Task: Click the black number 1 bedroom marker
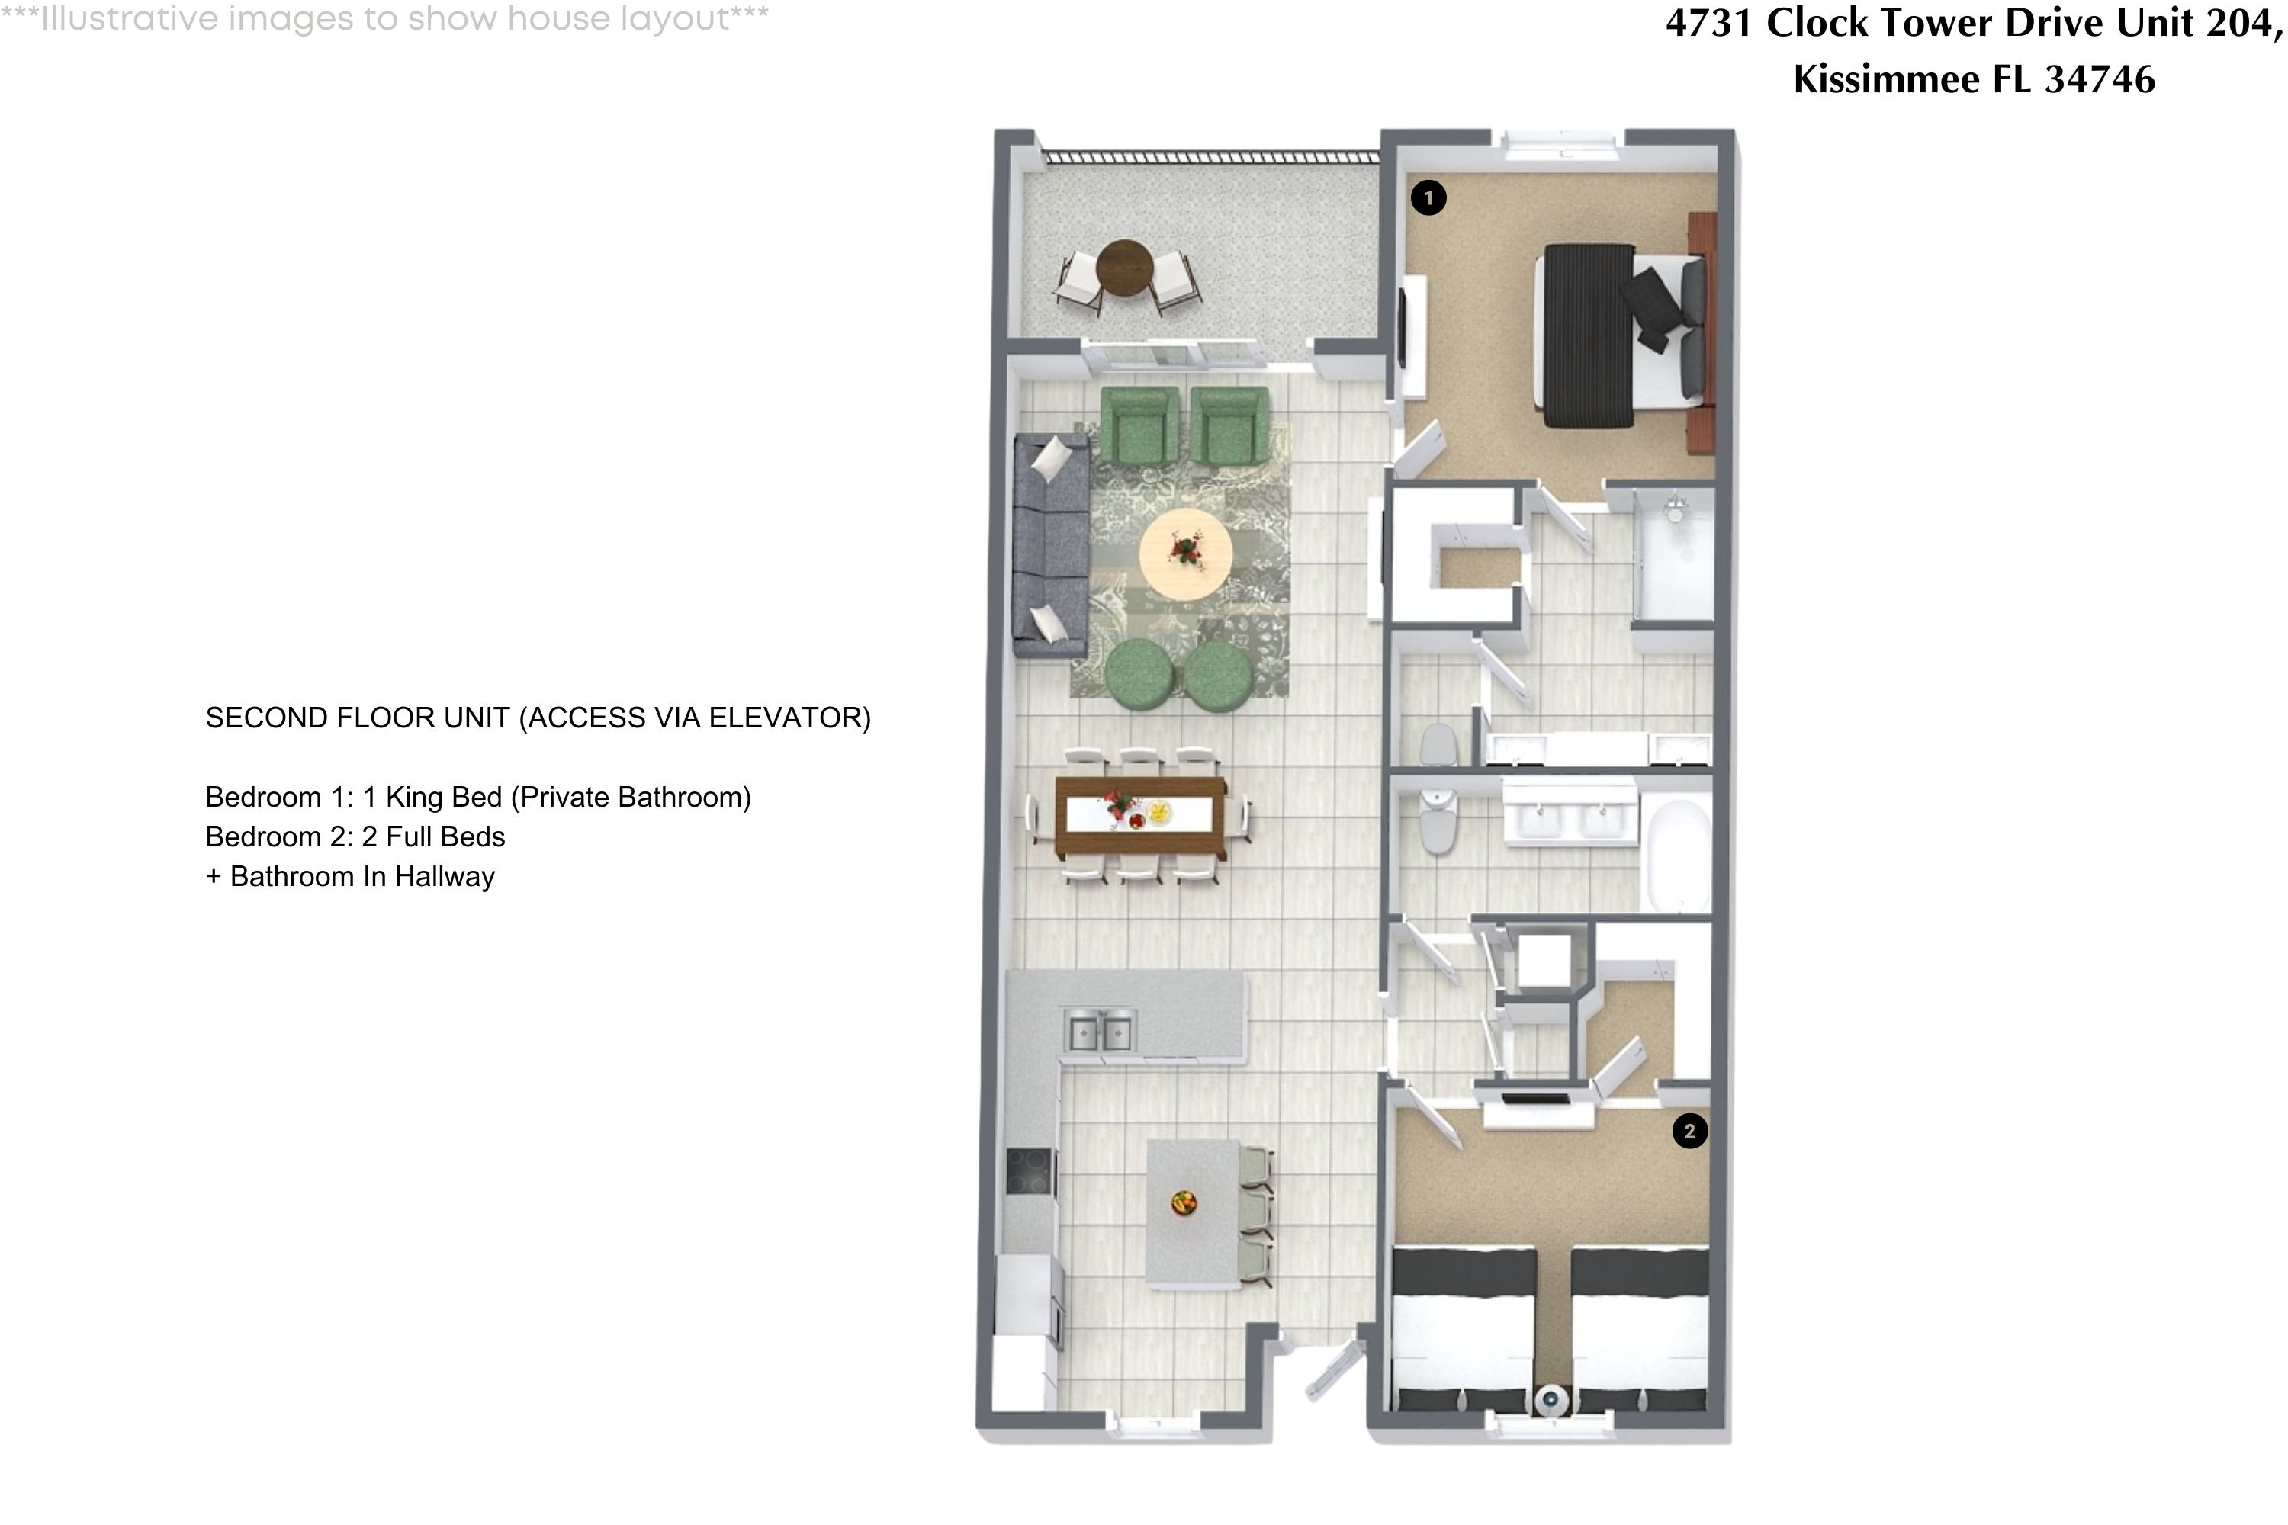1428,198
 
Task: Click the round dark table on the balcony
1124,268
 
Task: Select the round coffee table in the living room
1186,554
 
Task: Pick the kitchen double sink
1099,1032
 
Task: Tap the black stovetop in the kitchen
1029,1171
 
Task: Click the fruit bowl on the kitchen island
1184,1203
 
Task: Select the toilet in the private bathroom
1438,746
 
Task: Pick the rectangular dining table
1140,815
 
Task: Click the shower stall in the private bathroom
1673,559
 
